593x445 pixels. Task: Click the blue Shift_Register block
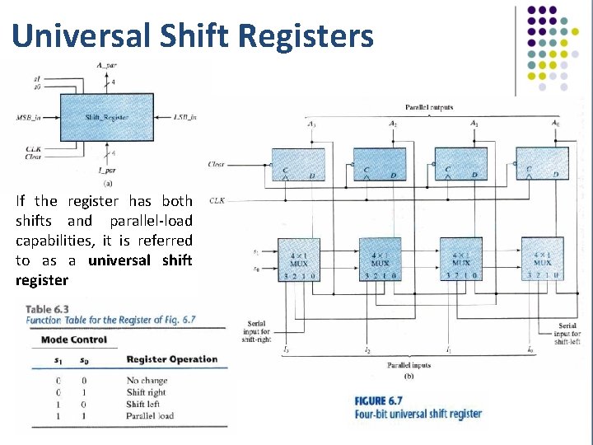(x=107, y=117)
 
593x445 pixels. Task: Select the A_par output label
(x=107, y=65)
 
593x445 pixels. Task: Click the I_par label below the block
(x=107, y=170)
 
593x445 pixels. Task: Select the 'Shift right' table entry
(x=146, y=392)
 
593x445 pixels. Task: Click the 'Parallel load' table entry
(x=150, y=415)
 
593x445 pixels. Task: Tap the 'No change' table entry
(x=147, y=381)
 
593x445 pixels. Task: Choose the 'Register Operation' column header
(x=171, y=359)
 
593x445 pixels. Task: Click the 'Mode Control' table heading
(x=74, y=340)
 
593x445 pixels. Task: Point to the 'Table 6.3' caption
(x=47, y=309)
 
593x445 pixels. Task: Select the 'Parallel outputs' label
(x=428, y=108)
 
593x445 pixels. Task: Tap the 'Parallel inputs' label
(x=409, y=363)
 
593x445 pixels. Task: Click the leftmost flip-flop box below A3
(x=299, y=163)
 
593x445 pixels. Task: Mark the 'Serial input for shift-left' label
(x=567, y=334)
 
